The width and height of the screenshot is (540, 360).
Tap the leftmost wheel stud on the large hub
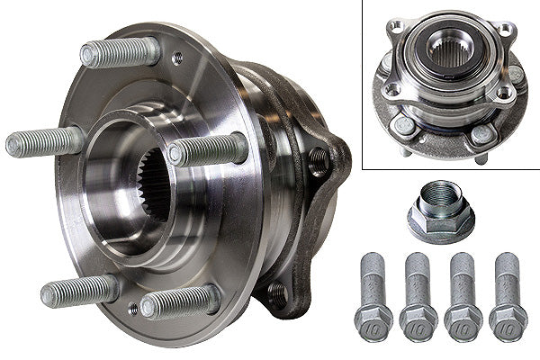(x=45, y=141)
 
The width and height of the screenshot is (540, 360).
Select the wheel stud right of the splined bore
(x=209, y=149)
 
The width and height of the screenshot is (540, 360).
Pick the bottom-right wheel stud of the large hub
(x=180, y=301)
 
